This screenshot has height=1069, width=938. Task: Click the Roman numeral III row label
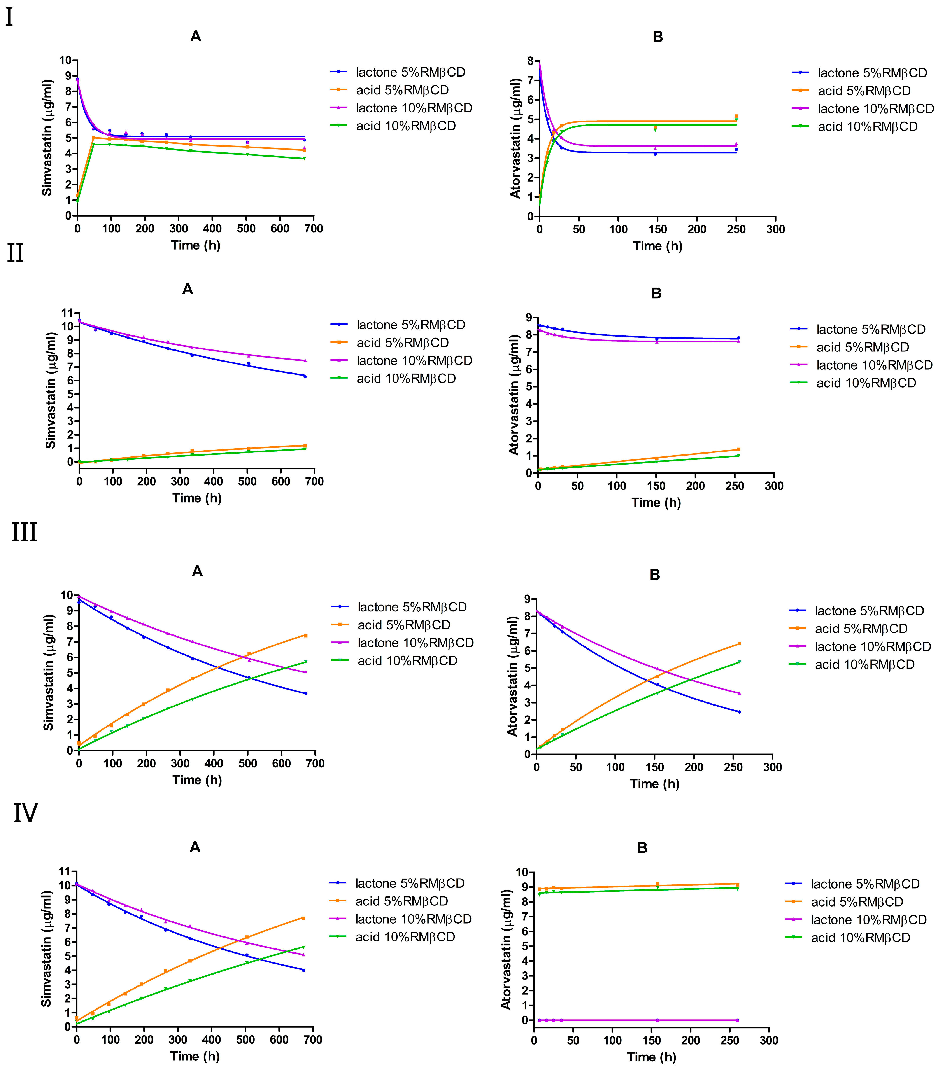pyautogui.click(x=24, y=532)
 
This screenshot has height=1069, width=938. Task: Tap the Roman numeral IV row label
pyautogui.click(x=25, y=813)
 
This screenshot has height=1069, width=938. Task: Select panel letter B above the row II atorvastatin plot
pyautogui.click(x=656, y=293)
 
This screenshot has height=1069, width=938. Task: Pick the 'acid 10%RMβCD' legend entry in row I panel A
pyautogui.click(x=405, y=126)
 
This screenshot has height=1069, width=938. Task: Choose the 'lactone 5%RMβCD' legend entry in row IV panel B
pyautogui.click(x=865, y=884)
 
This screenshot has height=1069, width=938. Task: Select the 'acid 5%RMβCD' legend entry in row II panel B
pyautogui.click(x=862, y=347)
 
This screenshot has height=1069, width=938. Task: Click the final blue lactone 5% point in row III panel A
pyautogui.click(x=305, y=693)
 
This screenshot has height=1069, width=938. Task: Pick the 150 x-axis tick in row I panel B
pyautogui.click(x=657, y=229)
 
